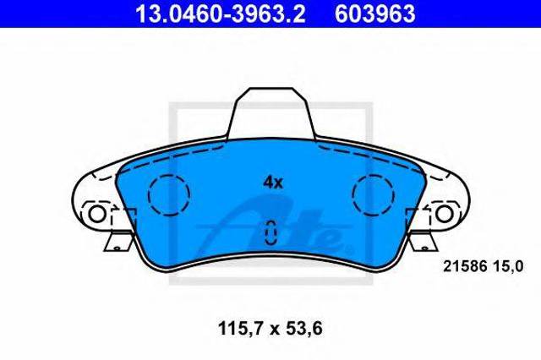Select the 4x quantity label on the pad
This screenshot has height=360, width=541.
tap(271, 181)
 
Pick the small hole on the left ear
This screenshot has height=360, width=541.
tap(98, 214)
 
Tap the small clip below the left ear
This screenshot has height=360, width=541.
tap(114, 244)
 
